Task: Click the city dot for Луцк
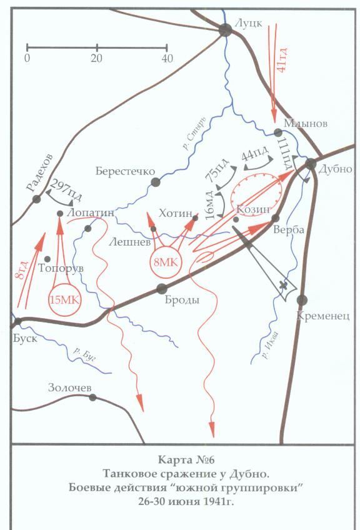(226, 29)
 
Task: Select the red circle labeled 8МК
(165, 262)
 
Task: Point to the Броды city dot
(162, 288)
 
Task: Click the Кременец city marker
(302, 299)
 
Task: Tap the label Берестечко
(121, 171)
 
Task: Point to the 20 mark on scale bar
(97, 57)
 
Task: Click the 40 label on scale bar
(166, 57)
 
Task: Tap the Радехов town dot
(37, 199)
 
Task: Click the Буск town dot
(19, 321)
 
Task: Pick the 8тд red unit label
(22, 269)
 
